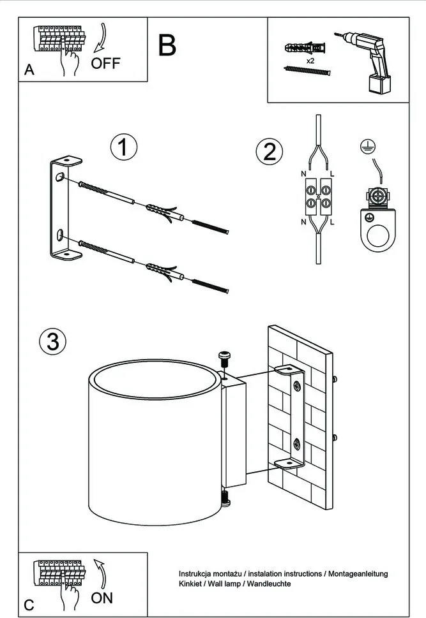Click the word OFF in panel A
click(x=105, y=63)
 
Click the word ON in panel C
click(x=102, y=598)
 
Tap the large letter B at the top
click(x=167, y=45)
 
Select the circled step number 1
click(x=123, y=147)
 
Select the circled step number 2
click(x=269, y=152)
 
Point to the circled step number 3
click(x=52, y=342)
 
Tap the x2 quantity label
click(x=310, y=60)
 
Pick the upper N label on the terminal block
click(x=303, y=174)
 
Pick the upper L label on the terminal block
click(x=333, y=174)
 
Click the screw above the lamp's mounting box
click(x=224, y=358)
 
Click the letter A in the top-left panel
click(x=29, y=71)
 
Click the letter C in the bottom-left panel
click(x=29, y=604)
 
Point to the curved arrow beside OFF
click(x=100, y=39)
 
